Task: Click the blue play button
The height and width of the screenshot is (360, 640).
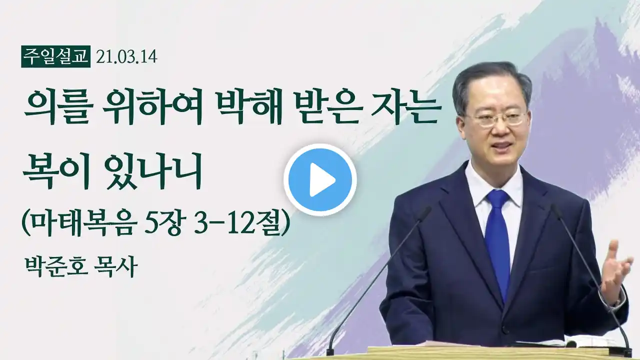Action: point(320,179)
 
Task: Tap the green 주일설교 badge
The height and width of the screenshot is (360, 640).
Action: point(55,56)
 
